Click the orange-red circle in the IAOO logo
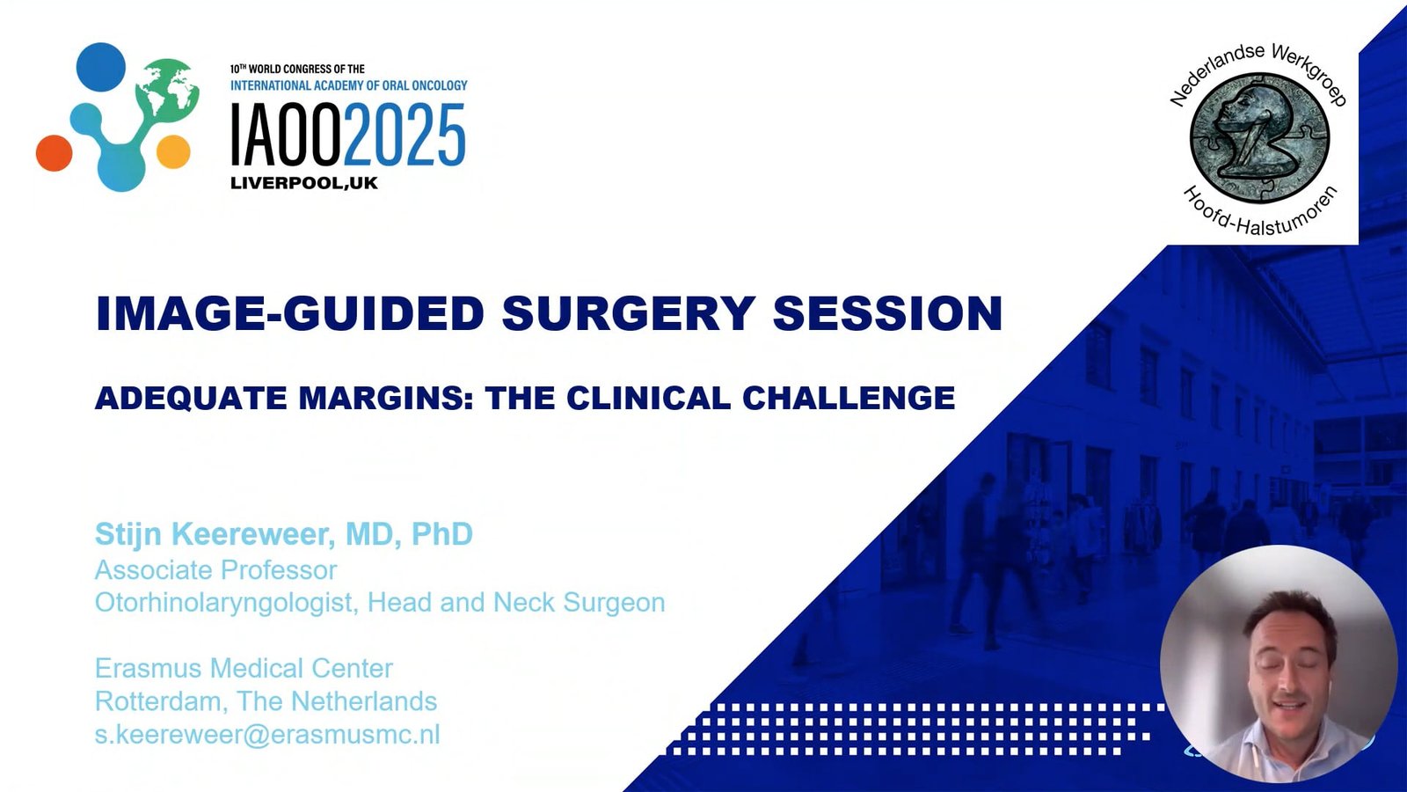coord(54,153)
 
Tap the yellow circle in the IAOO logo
coord(173,151)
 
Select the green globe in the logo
coord(166,89)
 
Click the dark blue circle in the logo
coord(100,67)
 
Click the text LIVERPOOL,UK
coord(304,183)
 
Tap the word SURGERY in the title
coord(629,313)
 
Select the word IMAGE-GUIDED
coord(290,313)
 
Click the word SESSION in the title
coord(887,313)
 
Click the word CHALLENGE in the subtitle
coord(849,398)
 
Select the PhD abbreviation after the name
coord(441,534)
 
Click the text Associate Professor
coord(216,571)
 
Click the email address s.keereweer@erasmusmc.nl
coord(267,734)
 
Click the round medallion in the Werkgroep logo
coord(1259,138)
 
